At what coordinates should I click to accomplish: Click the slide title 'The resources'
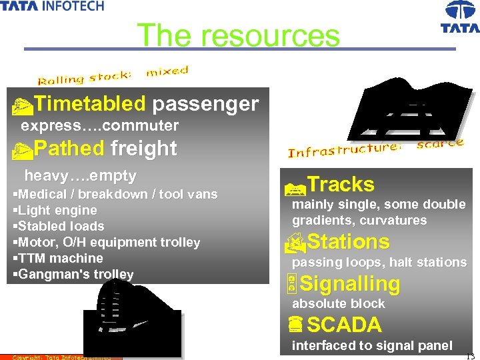tap(238, 35)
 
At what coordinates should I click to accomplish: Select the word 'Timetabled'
tap(89, 104)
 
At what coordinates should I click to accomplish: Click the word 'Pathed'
tap(69, 148)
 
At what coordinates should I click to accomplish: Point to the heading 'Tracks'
tap(341, 185)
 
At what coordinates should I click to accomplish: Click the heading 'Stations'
tap(349, 241)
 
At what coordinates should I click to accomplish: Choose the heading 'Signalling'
tap(350, 284)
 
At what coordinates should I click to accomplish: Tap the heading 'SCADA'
tap(344, 325)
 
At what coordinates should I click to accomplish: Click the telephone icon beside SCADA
tap(297, 325)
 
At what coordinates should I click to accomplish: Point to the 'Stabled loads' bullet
tap(61, 226)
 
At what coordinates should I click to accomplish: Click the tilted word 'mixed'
tap(167, 71)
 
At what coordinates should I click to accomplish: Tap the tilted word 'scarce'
tap(439, 143)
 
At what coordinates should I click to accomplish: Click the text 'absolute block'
tap(339, 304)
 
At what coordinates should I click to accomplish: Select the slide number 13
tap(471, 355)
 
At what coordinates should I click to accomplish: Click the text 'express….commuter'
tap(100, 126)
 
